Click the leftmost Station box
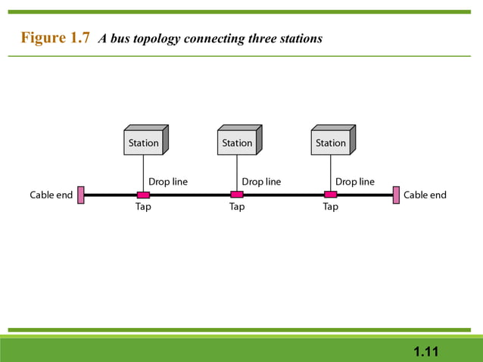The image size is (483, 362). (144, 142)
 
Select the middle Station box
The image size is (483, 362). (237, 142)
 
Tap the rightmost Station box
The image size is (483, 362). (331, 142)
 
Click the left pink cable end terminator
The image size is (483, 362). (80, 195)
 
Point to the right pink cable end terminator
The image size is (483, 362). (395, 195)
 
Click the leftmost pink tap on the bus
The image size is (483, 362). (143, 195)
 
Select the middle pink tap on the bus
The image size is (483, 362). (237, 195)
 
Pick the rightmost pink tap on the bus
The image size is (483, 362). (331, 195)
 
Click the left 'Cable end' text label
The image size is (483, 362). (51, 195)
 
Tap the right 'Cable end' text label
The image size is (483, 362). (425, 195)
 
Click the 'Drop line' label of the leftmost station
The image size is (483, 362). (168, 182)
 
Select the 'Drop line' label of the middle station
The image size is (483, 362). (261, 182)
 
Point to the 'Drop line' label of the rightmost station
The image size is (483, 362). (355, 182)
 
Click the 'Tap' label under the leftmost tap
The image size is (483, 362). (143, 207)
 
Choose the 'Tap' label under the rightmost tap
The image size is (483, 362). (331, 207)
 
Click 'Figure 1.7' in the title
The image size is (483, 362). (56, 38)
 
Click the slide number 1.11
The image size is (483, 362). (426, 351)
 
